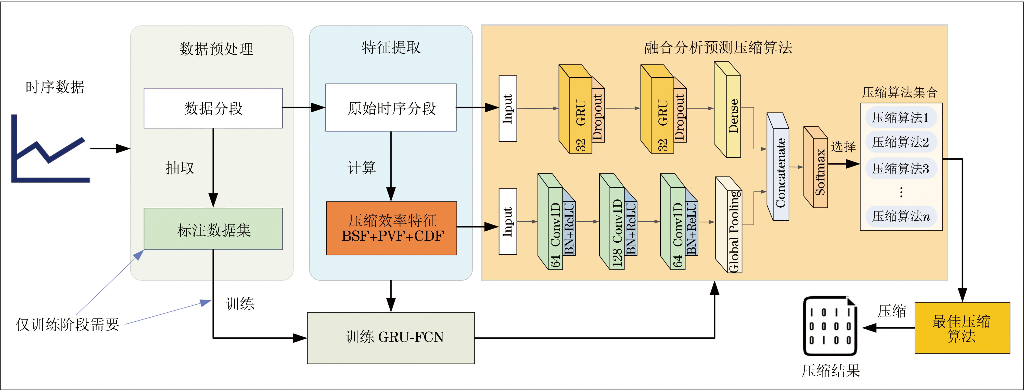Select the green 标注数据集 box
pos(213,229)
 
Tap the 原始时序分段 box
pos(391,108)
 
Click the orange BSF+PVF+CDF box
pos(392,228)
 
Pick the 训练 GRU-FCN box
pos(391,338)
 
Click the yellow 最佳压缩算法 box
pos(962,328)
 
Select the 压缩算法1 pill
pos(901,117)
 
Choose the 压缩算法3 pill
pos(901,168)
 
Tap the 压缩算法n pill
pos(901,216)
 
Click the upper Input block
pos(508,108)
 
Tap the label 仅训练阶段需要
pos(68,324)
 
